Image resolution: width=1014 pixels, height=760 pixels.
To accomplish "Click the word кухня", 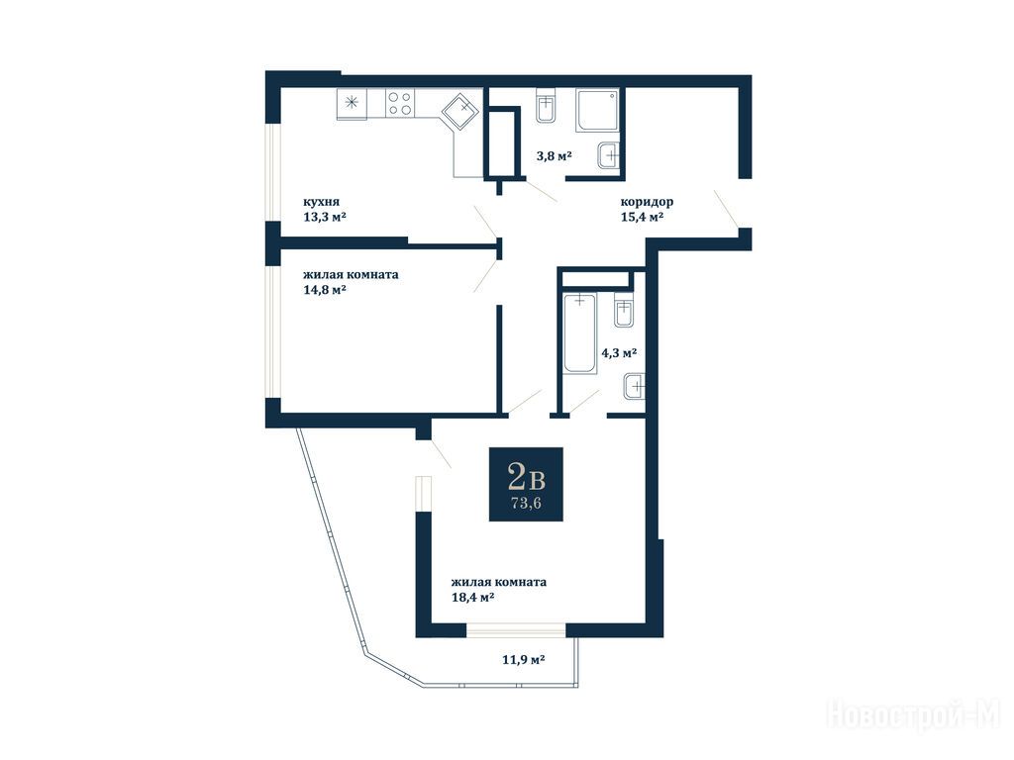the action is point(322,202).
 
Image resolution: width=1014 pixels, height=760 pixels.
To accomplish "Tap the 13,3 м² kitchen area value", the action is point(325,217).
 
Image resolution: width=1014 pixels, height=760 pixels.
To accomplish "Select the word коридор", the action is point(647,202).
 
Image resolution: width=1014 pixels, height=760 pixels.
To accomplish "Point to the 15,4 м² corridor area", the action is point(642,217).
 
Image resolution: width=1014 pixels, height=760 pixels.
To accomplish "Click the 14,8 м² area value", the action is point(325,290).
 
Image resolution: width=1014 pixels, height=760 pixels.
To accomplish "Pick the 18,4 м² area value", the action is point(472,597).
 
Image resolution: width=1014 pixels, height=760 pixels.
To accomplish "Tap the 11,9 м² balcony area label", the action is point(523,660).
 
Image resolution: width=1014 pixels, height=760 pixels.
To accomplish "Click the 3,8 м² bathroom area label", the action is point(555,155).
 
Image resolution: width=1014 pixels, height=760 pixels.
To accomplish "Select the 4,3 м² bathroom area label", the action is point(619,353).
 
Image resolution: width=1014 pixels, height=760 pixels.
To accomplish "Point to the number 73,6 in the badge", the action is point(526,504).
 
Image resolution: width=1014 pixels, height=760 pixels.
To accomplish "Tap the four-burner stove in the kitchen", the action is point(400,103).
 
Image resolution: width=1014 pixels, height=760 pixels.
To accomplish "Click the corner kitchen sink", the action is point(460,110).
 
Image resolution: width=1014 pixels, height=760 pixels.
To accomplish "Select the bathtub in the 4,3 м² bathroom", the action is point(579,333).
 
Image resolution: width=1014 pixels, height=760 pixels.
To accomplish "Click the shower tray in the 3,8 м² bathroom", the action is point(597,111).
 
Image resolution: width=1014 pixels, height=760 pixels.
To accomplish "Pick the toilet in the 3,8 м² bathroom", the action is point(546,107).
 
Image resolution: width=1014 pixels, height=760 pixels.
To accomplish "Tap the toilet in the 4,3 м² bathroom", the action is point(624,311).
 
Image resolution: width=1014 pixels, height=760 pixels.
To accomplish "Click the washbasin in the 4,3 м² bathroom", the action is point(635,388).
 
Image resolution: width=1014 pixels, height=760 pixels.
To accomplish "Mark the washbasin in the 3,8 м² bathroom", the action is point(609,155).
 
